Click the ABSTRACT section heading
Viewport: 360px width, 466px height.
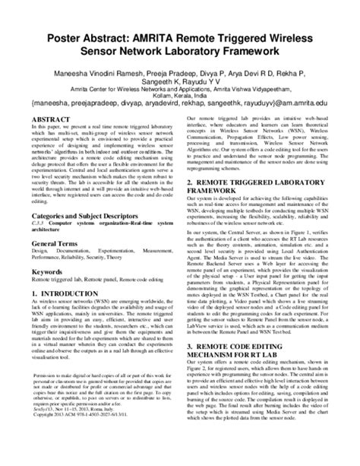tap(62, 119)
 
